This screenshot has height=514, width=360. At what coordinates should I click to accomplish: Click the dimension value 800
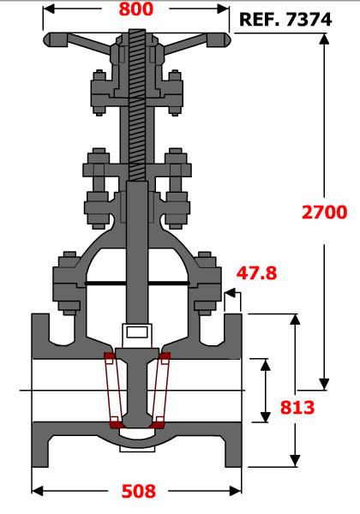point(135,9)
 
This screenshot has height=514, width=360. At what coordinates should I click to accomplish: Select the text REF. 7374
point(285,20)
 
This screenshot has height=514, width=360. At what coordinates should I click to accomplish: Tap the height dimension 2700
point(324,212)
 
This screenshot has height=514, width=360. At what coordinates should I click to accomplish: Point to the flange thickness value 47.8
point(257,273)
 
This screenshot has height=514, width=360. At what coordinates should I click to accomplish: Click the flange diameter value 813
point(297,408)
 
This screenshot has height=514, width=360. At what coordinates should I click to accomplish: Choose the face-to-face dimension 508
point(139,491)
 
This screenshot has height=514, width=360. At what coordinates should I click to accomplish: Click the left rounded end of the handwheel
point(49,39)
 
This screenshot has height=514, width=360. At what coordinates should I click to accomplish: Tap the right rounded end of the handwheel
point(225,39)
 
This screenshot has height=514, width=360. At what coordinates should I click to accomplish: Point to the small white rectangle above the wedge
point(137,332)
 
